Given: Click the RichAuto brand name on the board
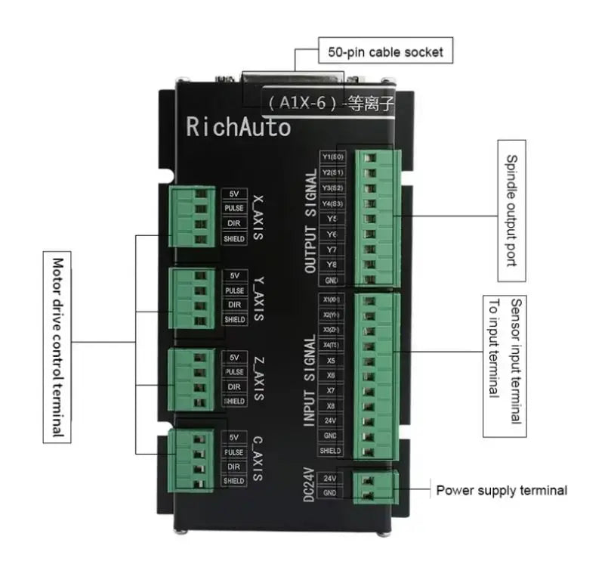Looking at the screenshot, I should click(x=238, y=126).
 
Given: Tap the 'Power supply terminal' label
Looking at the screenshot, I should click(x=501, y=490).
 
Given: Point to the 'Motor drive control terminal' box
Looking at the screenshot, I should click(x=57, y=347).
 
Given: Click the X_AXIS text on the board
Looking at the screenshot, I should click(x=258, y=216).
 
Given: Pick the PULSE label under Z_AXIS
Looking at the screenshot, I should click(x=235, y=371).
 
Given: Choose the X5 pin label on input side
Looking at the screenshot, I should click(x=330, y=361).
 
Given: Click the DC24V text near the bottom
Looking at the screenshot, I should click(x=309, y=484).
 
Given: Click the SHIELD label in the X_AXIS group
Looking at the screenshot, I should click(x=235, y=239).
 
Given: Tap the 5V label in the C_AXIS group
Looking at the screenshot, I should click(x=235, y=436).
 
